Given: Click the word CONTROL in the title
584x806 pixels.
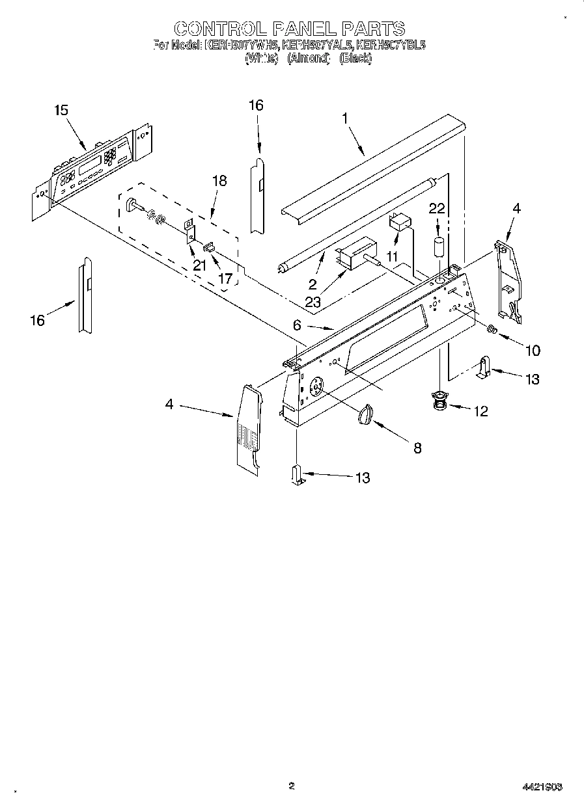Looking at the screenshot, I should tap(218, 29).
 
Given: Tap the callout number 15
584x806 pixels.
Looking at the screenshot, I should tap(61, 111).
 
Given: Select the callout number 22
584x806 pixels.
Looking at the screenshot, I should tap(436, 208).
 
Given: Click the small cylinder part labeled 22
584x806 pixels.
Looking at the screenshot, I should tap(439, 249).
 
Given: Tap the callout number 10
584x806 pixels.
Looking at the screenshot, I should tap(532, 351).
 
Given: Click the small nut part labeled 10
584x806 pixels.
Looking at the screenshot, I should tap(493, 330).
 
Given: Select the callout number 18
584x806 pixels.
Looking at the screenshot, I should tap(219, 181).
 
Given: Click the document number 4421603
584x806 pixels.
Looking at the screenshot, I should tap(542, 786).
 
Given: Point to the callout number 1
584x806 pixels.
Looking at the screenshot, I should tap(345, 118).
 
